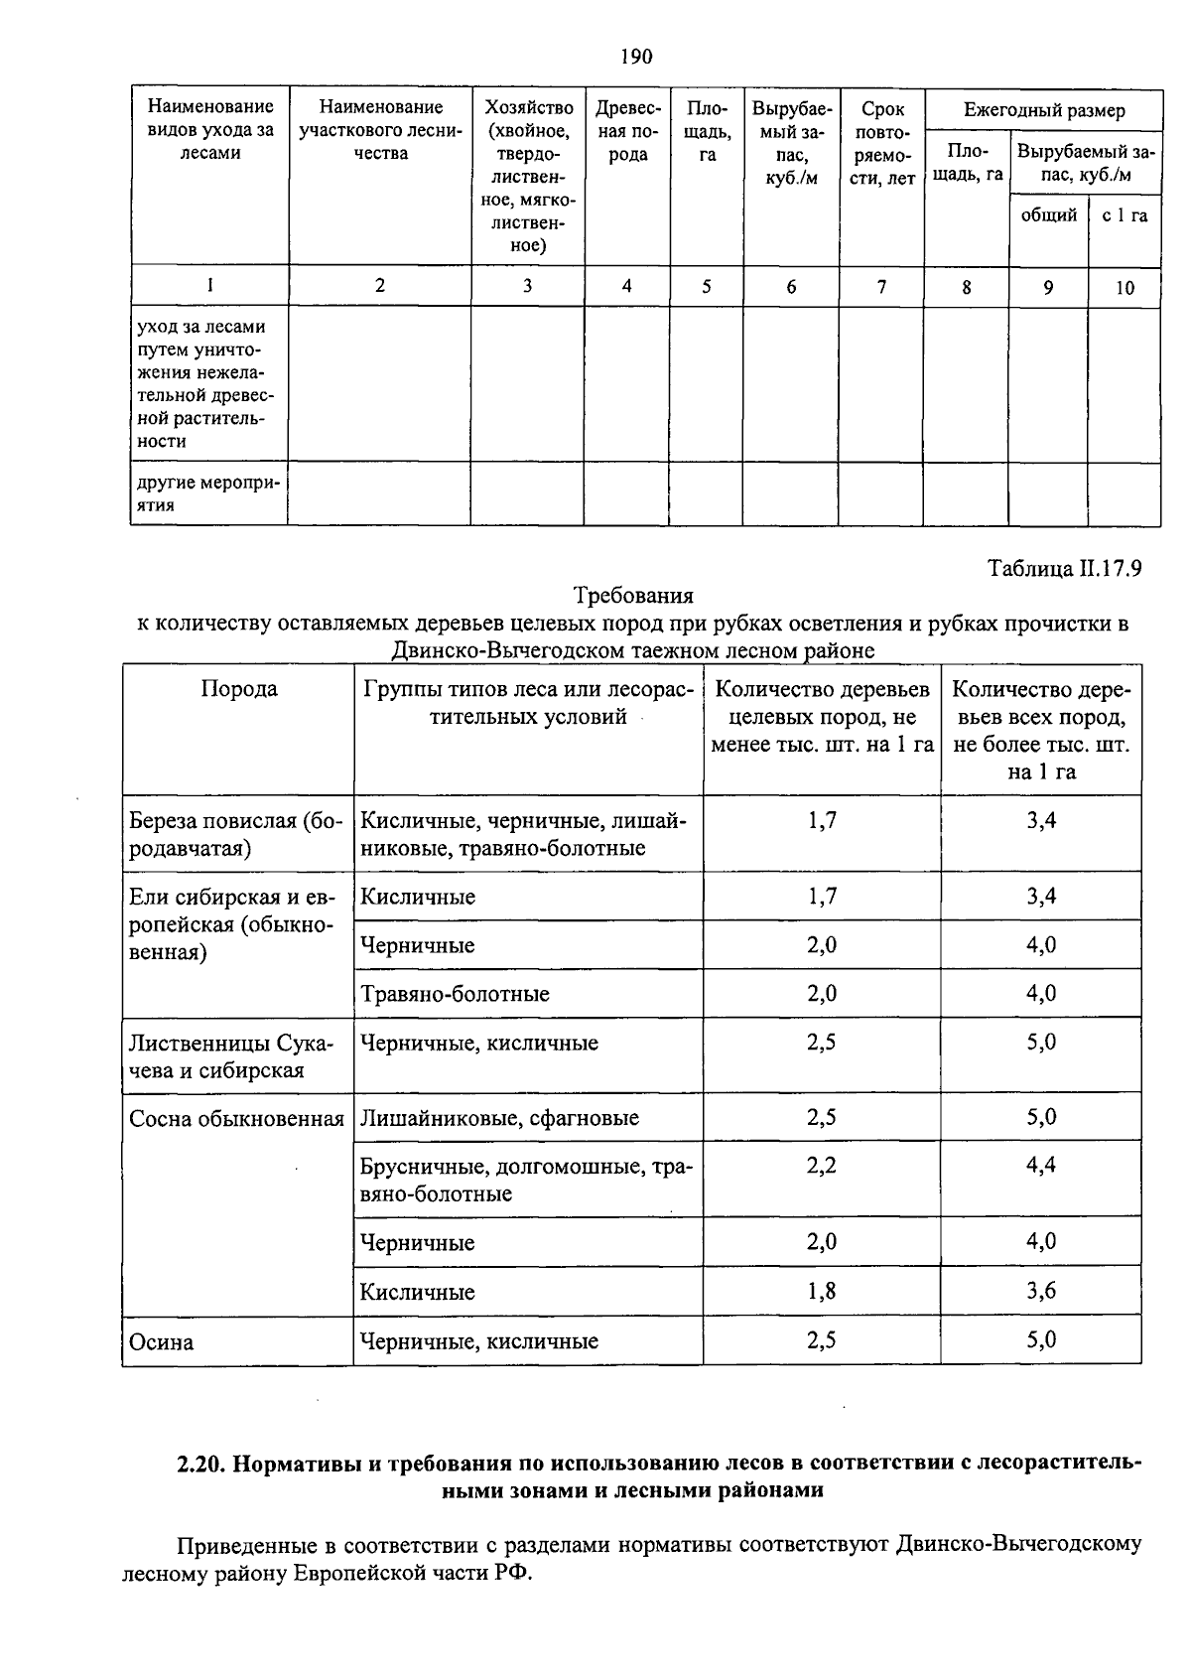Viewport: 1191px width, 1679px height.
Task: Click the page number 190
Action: [636, 57]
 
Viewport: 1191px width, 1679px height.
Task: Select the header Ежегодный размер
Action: [1044, 110]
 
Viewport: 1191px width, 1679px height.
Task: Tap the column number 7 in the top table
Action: [881, 287]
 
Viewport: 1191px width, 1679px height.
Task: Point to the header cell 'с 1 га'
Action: [1125, 215]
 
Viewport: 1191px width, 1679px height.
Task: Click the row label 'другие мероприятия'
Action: [208, 493]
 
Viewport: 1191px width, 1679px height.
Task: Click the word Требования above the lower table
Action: [633, 596]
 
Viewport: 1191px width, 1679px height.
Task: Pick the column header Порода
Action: [239, 689]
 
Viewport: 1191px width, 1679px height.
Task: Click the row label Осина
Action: [162, 1342]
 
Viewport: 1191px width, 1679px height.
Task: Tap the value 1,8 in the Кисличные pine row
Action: [822, 1291]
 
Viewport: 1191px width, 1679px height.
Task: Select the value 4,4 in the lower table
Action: [1041, 1165]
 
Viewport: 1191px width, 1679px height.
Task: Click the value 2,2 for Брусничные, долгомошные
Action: [822, 1165]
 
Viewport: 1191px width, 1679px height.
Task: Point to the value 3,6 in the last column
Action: [1041, 1291]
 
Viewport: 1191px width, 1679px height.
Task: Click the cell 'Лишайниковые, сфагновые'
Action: [499, 1118]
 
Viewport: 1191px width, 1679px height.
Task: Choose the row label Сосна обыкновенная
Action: [236, 1119]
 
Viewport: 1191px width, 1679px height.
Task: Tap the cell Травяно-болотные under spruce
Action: [455, 994]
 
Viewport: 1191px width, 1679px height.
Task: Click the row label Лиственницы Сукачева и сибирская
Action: [231, 1056]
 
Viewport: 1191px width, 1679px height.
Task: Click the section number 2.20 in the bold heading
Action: [201, 1465]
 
